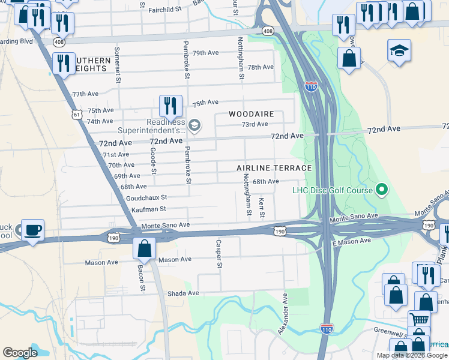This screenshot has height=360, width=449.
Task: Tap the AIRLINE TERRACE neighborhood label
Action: point(274,168)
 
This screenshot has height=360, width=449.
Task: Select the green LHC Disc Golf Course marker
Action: point(381,191)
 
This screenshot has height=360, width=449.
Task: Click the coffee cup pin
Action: point(32,230)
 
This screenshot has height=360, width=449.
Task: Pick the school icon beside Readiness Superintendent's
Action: point(194,125)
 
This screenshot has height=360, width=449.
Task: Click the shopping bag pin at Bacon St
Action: point(144,248)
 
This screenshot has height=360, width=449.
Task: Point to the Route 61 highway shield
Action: point(75,114)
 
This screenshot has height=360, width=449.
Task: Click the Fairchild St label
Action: point(165,10)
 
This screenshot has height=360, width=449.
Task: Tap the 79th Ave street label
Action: point(206,53)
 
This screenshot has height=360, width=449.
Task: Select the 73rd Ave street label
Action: point(255,124)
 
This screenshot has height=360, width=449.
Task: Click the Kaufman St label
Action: point(149,209)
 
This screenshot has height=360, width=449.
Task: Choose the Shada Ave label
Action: point(184,293)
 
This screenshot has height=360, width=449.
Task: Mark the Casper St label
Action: point(219,254)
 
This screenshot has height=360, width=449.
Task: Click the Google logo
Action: point(20,353)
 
